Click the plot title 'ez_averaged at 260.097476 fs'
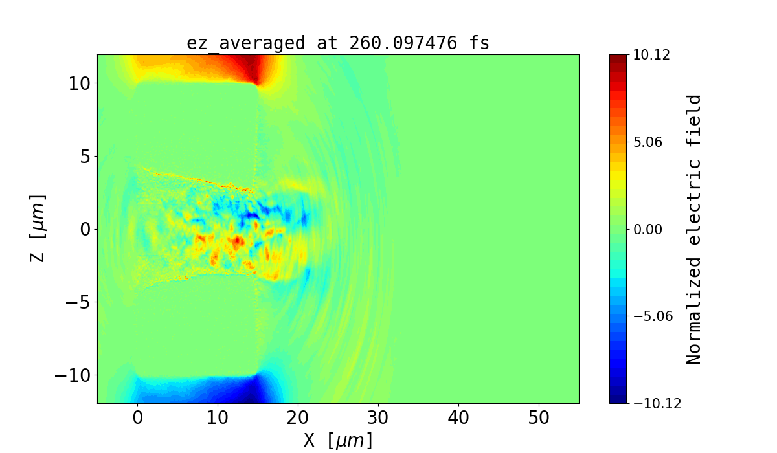point(337,43)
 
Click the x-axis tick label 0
point(137,418)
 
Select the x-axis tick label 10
point(218,418)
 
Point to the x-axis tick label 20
point(298,418)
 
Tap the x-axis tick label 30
point(378,418)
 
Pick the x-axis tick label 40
point(458,418)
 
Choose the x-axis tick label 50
point(539,418)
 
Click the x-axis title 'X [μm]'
point(338,441)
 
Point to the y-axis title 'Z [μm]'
point(38,228)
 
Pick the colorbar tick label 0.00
point(647,229)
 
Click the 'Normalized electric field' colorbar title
point(693,229)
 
